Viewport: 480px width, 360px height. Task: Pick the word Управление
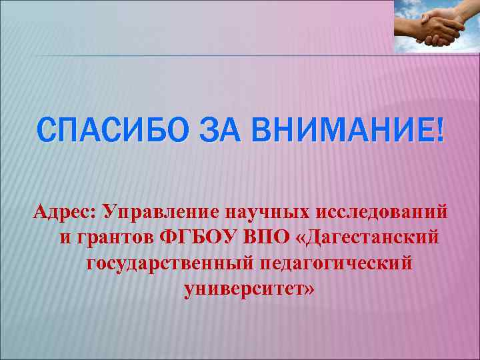point(163,211)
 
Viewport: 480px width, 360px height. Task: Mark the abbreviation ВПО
point(263,237)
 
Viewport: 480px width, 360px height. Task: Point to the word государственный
point(169,263)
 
